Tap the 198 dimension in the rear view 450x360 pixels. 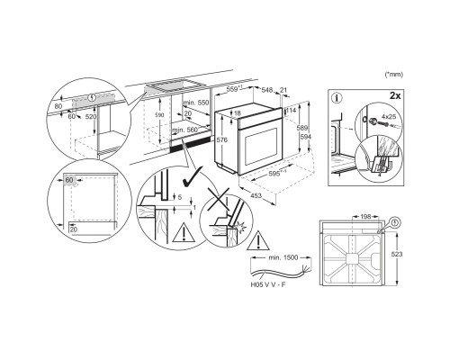(x=367, y=217)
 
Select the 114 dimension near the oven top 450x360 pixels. (x=292, y=110)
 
